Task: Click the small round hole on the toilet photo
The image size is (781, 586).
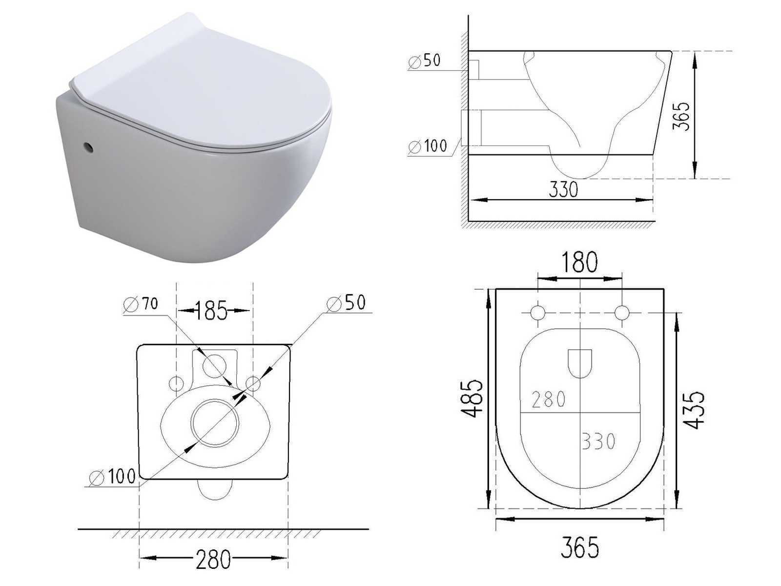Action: (x=87, y=147)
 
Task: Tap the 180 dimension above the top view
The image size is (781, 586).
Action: (x=579, y=262)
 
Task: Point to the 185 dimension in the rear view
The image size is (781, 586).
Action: (x=211, y=310)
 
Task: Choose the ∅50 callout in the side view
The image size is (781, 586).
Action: (x=424, y=61)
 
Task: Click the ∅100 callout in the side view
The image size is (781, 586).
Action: (x=427, y=146)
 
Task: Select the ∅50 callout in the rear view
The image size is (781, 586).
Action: (x=346, y=303)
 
